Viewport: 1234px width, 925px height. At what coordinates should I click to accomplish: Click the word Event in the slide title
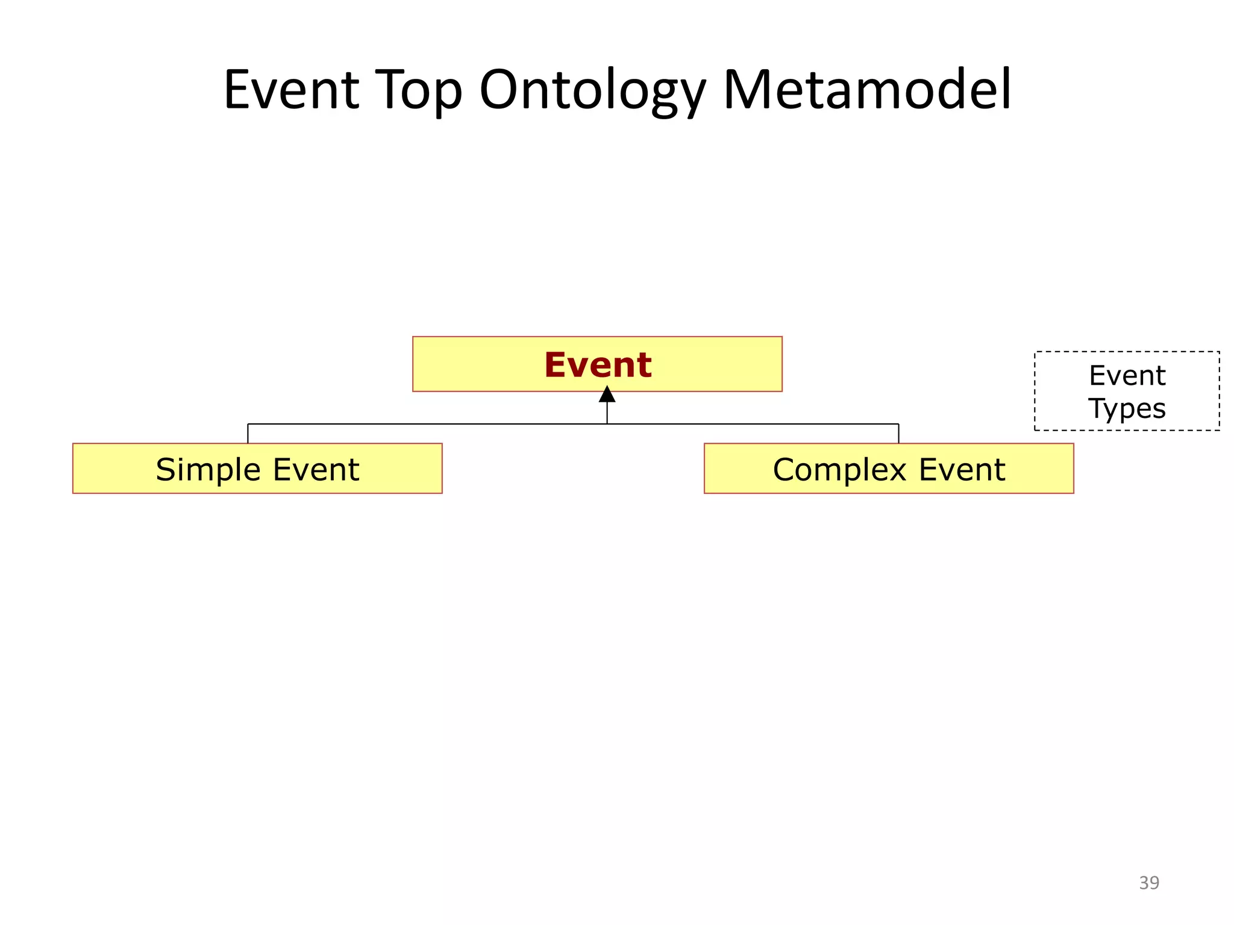[x=292, y=90]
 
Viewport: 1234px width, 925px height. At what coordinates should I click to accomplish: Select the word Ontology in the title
[x=592, y=90]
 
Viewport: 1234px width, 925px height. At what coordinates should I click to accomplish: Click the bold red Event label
[x=598, y=365]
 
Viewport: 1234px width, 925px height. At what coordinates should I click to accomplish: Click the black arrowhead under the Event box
[x=607, y=395]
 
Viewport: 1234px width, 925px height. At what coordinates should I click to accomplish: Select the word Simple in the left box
[x=208, y=470]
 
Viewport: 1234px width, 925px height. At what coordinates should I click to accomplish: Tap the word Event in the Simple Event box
[x=316, y=470]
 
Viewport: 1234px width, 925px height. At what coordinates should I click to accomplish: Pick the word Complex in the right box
[x=840, y=470]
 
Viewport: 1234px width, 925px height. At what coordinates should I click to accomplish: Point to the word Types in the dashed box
[x=1127, y=409]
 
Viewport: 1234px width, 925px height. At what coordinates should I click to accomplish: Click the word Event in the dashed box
[x=1127, y=376]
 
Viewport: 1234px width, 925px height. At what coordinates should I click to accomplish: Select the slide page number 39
[x=1148, y=883]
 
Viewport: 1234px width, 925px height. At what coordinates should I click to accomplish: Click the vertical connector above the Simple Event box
[x=248, y=434]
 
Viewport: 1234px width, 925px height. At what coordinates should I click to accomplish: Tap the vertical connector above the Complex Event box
[x=898, y=434]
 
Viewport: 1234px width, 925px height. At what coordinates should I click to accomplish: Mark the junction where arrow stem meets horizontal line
[x=607, y=424]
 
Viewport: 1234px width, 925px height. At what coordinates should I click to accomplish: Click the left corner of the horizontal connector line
[x=248, y=424]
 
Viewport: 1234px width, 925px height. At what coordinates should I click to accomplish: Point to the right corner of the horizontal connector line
[x=898, y=424]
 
